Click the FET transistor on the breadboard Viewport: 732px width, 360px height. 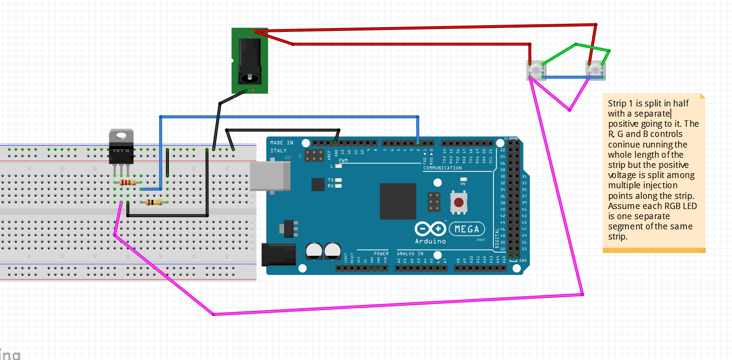click(x=121, y=148)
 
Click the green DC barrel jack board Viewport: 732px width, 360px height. click(x=250, y=61)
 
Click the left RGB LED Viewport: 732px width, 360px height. click(x=534, y=71)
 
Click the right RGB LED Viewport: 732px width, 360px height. click(x=596, y=71)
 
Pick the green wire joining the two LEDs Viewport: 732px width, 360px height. click(x=576, y=45)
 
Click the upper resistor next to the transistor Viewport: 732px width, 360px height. click(x=128, y=182)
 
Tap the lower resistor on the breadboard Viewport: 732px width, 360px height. click(x=154, y=202)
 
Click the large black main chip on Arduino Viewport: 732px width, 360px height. click(x=398, y=201)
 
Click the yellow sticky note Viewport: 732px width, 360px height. click(x=653, y=172)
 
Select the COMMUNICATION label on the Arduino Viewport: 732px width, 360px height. click(x=442, y=168)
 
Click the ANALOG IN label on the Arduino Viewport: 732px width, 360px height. click(x=410, y=254)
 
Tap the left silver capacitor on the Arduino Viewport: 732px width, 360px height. click(x=314, y=250)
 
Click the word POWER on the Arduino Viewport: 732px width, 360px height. click(x=381, y=254)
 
